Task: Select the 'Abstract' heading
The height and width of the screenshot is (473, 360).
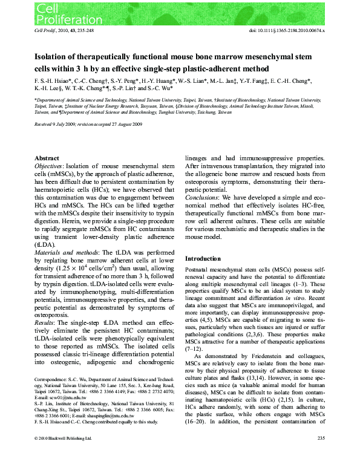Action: tap(47, 156)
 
